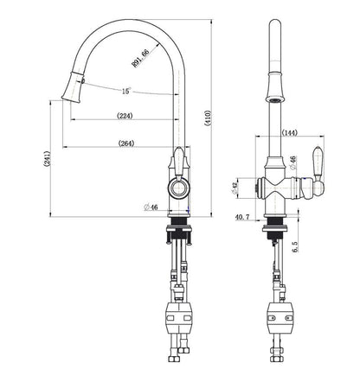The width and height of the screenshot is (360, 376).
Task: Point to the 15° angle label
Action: click(125, 91)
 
